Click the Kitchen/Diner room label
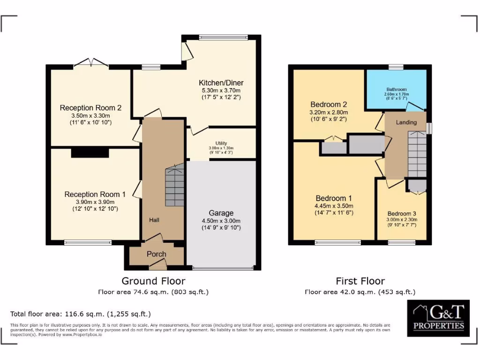(222, 83)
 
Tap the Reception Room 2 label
(90, 108)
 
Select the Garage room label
(221, 213)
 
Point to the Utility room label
(221, 142)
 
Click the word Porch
(157, 254)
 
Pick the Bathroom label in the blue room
(397, 89)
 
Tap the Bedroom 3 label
(401, 213)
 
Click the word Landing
(406, 123)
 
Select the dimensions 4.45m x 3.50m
(334, 205)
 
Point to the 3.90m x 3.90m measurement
(95, 202)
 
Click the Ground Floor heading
(153, 281)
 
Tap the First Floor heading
(360, 281)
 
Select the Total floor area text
(80, 314)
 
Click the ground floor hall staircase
(175, 187)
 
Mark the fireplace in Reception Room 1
(90, 153)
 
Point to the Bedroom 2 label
(329, 104)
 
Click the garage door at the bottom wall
(221, 268)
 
